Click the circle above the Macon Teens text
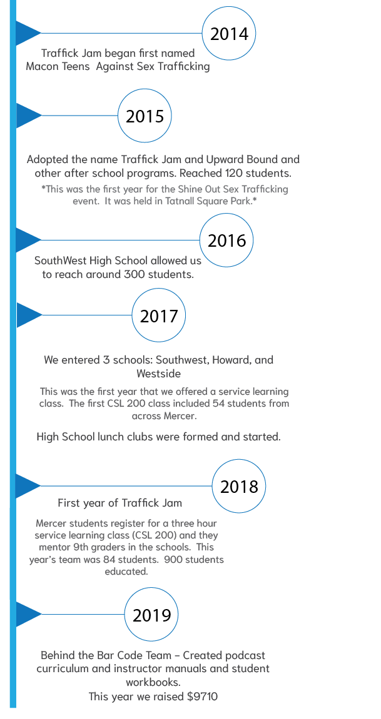tap(229, 32)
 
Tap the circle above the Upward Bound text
tap(145, 116)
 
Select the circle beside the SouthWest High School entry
tap(226, 240)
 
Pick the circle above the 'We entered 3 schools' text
tap(159, 315)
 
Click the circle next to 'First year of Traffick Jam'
tap(239, 486)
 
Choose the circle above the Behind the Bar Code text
tap(151, 614)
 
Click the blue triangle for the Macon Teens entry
tap(27, 32)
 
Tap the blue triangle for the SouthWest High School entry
tap(27, 240)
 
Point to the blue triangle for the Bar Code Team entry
tap(27, 614)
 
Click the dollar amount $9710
tap(202, 697)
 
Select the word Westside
tap(159, 374)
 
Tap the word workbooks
tap(153, 682)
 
